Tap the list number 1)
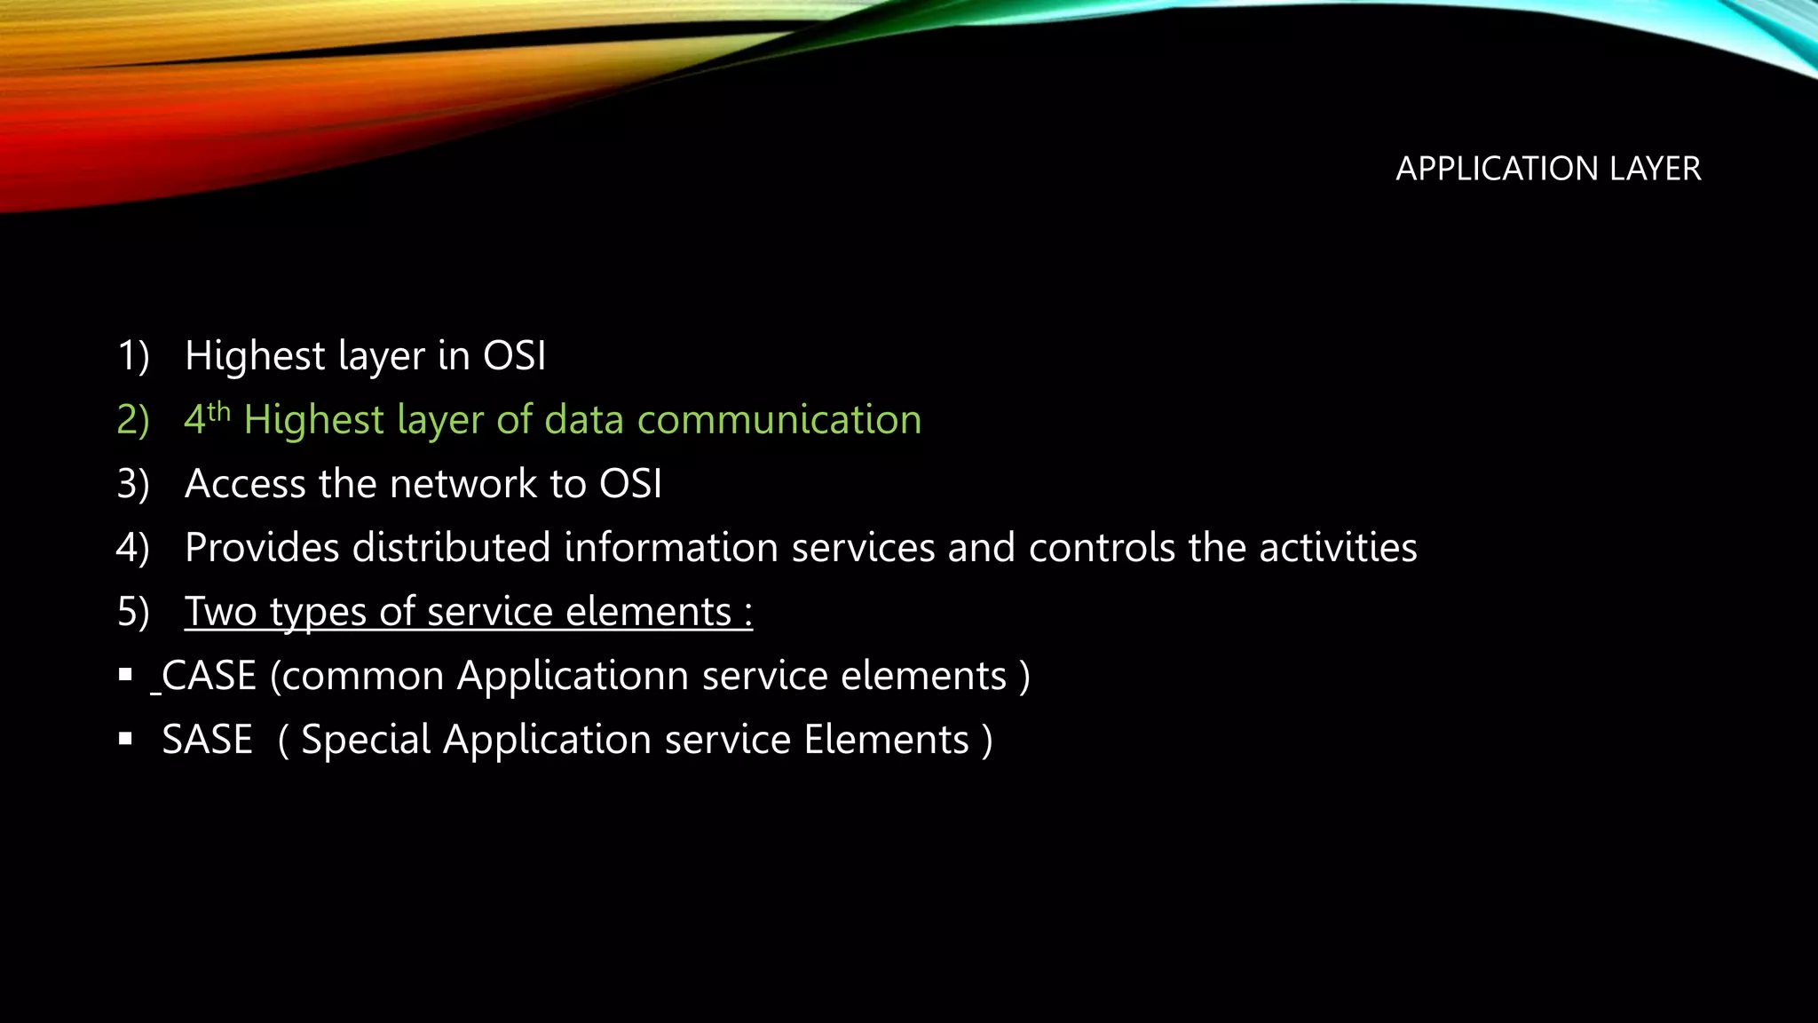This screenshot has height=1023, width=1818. coord(133,356)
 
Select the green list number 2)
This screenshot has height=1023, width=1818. coord(133,420)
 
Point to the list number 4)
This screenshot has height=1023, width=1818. coord(133,548)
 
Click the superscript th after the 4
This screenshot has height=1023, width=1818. coord(219,411)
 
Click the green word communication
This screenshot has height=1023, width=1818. coord(779,420)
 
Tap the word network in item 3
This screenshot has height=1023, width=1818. coord(463,484)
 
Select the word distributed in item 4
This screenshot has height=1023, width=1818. coord(451,548)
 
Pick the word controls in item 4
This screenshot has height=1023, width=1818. coord(1102,548)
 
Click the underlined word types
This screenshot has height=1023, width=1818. coord(318,613)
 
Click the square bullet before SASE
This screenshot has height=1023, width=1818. coord(125,739)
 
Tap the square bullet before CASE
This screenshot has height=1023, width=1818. coord(125,675)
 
